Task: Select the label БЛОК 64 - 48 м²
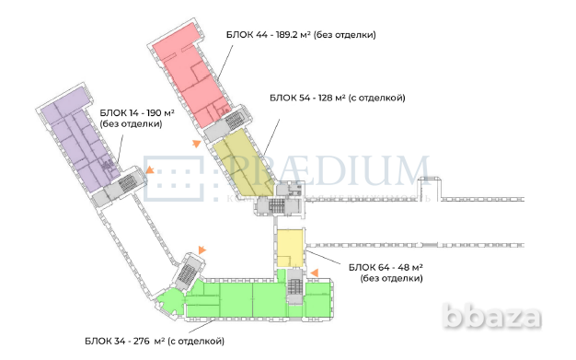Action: (385, 267)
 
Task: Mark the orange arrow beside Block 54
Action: (195, 143)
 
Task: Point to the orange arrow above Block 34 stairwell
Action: (202, 250)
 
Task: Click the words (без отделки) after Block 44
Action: (345, 34)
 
